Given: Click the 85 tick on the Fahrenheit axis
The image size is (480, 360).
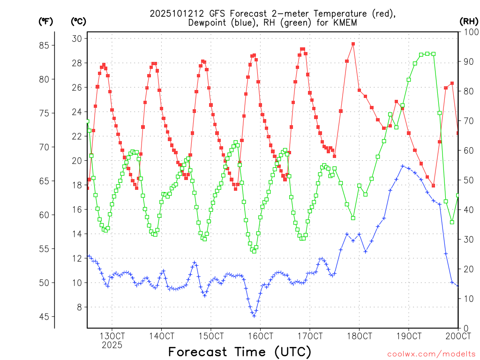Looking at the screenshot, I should click(46, 45).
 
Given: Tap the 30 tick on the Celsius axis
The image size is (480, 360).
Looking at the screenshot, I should click(77, 38).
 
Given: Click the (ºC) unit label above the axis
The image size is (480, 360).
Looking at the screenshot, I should click(78, 21).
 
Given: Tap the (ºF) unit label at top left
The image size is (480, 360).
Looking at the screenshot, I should click(45, 21).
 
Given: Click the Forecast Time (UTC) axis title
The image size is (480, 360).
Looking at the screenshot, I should click(240, 352).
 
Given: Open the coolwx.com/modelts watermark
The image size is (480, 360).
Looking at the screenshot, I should click(431, 353).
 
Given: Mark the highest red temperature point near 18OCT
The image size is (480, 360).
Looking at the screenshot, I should click(353, 44).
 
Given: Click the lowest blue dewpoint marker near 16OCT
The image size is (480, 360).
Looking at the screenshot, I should click(254, 316).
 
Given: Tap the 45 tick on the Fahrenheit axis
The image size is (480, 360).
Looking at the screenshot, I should click(46, 317).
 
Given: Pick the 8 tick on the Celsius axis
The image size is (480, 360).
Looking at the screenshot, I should click(80, 307).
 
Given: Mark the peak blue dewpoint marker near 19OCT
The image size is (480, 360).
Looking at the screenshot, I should click(402, 166).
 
